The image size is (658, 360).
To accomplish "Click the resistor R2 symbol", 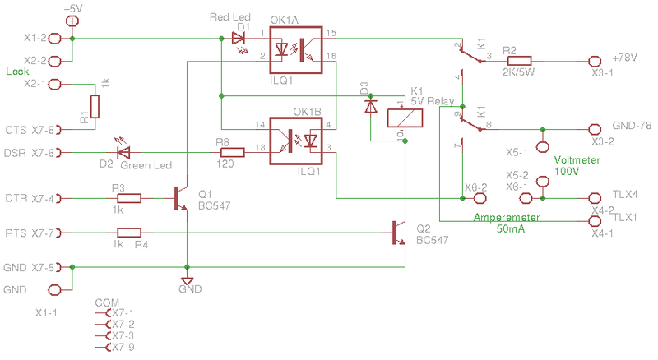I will pyautogui.click(x=519, y=61).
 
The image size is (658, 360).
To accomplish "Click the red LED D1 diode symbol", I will pyautogui.click(x=239, y=38).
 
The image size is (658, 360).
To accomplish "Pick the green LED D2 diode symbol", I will pyautogui.click(x=123, y=152).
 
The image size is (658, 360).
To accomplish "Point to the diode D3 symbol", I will pyautogui.click(x=370, y=106).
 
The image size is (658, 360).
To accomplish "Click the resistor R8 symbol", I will pyautogui.click(x=232, y=152).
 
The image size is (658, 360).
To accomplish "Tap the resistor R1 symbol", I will pyautogui.click(x=95, y=107).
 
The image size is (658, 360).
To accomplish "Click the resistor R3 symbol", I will pyautogui.click(x=129, y=198).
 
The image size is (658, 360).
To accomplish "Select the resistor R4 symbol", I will pyautogui.click(x=129, y=233).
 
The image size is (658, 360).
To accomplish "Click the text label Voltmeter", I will pyautogui.click(x=577, y=161).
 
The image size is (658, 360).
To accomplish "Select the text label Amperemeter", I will pyautogui.click(x=506, y=218).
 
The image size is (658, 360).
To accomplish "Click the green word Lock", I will pyautogui.click(x=17, y=72).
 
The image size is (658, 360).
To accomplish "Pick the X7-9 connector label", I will pyautogui.click(x=123, y=348).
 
